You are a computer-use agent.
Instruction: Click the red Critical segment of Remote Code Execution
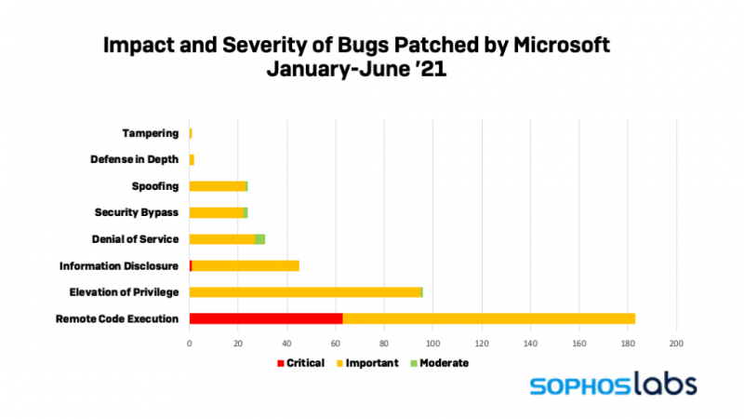(266, 318)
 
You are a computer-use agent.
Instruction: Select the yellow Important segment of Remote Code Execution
(489, 318)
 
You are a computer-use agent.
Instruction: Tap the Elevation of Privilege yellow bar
(305, 292)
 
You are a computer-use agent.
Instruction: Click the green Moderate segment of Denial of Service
(260, 239)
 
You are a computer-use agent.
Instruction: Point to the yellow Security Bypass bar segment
(216, 212)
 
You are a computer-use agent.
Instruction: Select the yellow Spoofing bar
(217, 186)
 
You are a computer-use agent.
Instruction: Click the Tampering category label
(150, 133)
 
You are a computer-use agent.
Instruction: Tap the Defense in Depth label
(135, 159)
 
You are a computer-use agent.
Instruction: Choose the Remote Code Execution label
(117, 319)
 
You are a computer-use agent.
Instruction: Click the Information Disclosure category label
(119, 266)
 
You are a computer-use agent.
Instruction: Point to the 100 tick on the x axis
(433, 343)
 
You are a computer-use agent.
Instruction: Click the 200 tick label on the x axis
(676, 343)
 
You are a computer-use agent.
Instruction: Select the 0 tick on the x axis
(190, 343)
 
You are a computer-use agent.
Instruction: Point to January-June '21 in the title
(357, 69)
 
